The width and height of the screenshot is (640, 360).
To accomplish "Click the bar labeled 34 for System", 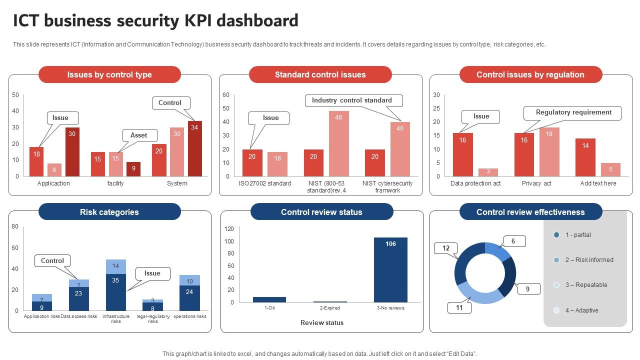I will (195, 148).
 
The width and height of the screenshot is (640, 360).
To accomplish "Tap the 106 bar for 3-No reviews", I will (390, 269).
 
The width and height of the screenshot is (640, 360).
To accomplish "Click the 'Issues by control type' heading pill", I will (109, 74).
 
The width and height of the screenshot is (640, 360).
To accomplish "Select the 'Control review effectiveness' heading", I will (530, 212).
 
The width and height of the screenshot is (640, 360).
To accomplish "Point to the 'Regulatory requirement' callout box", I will (573, 112).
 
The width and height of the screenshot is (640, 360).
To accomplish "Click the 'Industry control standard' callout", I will (351, 100).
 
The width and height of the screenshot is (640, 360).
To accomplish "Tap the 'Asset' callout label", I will (139, 135).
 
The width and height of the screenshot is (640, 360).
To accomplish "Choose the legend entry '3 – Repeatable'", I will (586, 285).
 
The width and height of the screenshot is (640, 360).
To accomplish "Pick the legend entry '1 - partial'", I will (578, 235).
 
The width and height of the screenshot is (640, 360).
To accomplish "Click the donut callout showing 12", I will (446, 248).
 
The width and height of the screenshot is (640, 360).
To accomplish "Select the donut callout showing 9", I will (527, 289).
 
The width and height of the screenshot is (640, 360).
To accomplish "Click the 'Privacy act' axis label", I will (536, 183).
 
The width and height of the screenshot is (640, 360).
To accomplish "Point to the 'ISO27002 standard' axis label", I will (264, 183).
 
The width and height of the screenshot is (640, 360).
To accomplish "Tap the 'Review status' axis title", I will (322, 323).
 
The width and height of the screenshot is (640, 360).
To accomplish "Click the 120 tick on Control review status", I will (229, 229).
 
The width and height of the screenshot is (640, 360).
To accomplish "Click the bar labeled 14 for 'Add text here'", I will (585, 157).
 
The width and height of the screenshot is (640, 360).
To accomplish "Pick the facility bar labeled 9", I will (133, 169).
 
